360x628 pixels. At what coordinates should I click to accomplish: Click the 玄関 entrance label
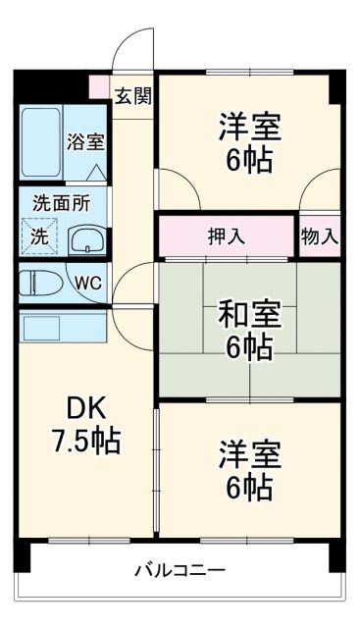131,96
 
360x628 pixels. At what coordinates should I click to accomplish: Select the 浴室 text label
85,141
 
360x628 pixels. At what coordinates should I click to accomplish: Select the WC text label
88,283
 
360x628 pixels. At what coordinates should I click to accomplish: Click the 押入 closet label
227,236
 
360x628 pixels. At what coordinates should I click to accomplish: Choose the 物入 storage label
320,236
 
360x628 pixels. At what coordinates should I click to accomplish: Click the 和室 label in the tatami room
249,315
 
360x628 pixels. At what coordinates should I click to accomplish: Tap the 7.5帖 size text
86,441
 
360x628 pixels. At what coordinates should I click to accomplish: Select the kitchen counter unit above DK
48,328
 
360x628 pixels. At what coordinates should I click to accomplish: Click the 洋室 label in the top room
249,126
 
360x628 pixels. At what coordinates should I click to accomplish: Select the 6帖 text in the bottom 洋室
249,485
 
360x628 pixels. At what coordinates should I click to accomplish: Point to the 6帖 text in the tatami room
249,346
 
